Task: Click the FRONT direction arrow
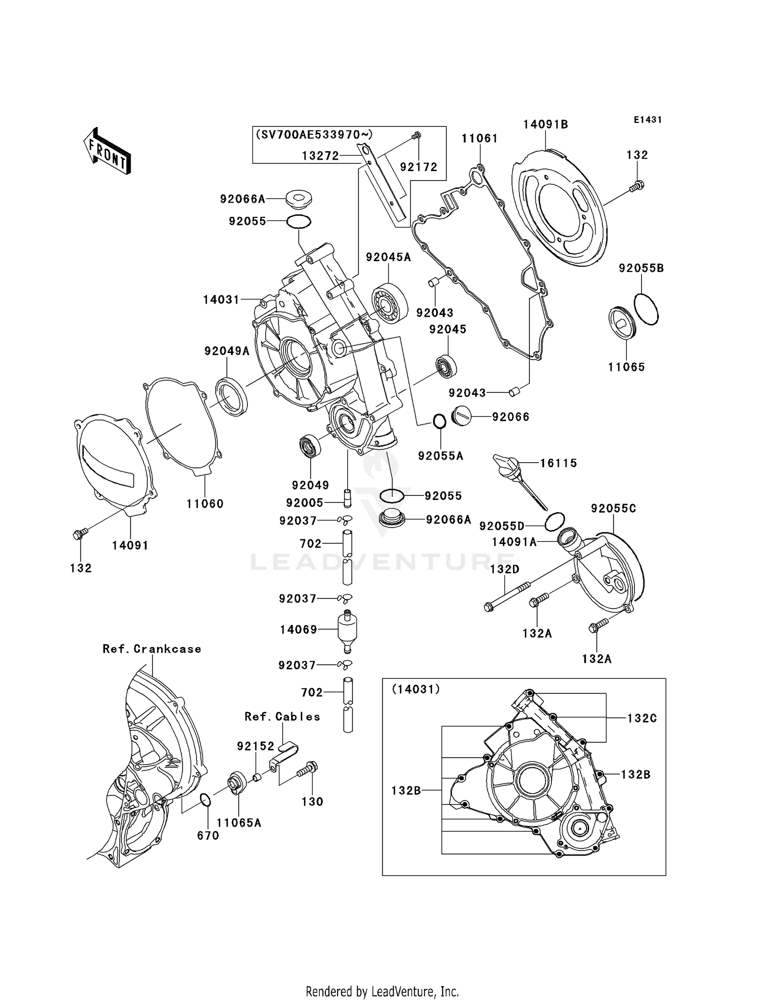(108, 152)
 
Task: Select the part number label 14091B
(545, 124)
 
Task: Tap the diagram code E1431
(647, 120)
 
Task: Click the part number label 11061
(479, 138)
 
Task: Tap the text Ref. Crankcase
(151, 649)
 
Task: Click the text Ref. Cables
(282, 717)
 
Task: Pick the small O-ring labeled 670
(205, 799)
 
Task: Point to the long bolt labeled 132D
(507, 597)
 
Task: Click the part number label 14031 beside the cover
(221, 299)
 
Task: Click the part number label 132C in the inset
(642, 718)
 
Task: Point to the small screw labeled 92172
(416, 135)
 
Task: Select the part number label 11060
(205, 504)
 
